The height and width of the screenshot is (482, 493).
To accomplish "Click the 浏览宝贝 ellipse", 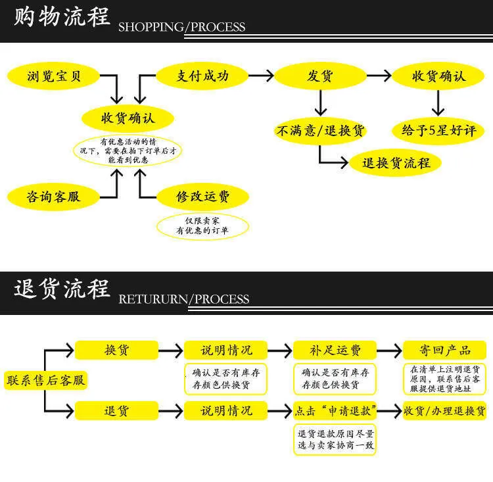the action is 53,76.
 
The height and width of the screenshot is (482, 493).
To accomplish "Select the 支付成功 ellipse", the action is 202,76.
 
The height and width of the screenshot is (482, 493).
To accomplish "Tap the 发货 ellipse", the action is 320,76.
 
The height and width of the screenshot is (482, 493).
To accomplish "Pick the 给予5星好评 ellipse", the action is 438,130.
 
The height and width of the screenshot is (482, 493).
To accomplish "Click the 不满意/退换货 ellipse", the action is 320,130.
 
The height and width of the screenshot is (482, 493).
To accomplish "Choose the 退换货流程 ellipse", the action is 396,162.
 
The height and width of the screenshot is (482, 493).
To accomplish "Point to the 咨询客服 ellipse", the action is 53,197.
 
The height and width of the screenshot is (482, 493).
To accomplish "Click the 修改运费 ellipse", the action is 203,197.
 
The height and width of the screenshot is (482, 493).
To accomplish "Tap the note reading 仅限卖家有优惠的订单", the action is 202,226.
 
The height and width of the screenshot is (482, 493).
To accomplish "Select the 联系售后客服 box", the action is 46,380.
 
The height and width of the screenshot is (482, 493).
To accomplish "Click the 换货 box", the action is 116,350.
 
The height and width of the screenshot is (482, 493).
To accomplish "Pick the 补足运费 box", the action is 335,350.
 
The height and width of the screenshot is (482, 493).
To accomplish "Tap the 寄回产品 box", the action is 444,350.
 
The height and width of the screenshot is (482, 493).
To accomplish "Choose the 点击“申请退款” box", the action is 335,410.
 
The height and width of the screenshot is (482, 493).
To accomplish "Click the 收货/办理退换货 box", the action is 444,410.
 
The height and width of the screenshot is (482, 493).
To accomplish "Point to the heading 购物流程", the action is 62,16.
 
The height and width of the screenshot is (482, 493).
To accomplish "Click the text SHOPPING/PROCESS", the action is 181,27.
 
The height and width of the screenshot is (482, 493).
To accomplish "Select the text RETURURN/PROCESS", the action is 184,299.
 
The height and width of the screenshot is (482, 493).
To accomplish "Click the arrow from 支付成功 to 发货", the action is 261,76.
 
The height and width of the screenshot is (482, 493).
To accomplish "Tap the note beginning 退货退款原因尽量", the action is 335,439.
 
